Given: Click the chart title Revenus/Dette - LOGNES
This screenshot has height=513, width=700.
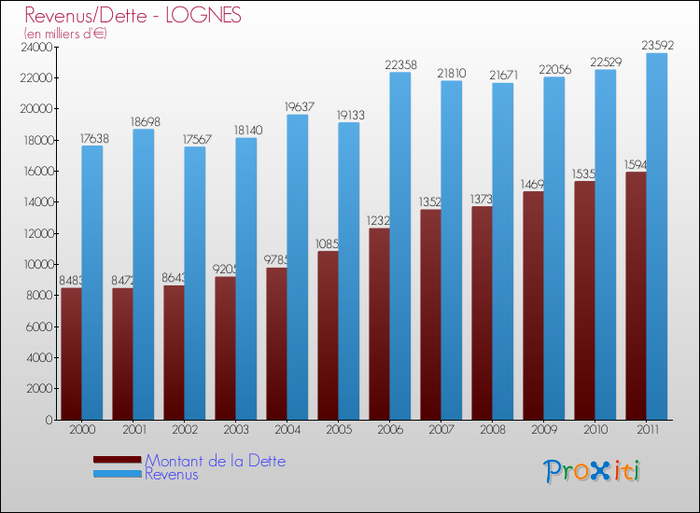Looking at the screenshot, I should (133, 15).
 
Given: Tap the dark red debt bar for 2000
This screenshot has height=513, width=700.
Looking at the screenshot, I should (71, 354).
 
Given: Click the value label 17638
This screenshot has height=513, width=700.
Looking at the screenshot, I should (92, 138).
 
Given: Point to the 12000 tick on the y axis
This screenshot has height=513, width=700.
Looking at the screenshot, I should (36, 233).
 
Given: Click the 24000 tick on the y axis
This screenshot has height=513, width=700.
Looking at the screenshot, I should (36, 47).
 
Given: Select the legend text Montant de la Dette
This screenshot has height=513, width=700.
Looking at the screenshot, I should (215, 461).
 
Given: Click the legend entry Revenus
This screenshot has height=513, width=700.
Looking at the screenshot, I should (172, 474).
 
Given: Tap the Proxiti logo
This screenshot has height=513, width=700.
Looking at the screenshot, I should (593, 471).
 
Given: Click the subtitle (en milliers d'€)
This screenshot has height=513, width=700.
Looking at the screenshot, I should (66, 34).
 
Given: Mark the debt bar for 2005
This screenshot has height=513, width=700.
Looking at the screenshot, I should (328, 335).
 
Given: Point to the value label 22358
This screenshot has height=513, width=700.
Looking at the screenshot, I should (400, 64).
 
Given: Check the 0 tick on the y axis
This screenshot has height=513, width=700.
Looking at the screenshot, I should (47, 420).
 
